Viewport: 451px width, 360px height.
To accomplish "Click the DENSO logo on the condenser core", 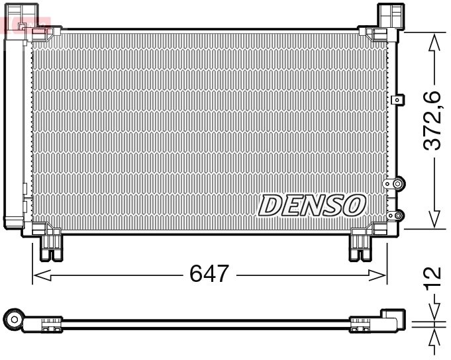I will [x=311, y=206].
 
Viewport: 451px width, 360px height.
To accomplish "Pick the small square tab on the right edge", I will [x=397, y=100].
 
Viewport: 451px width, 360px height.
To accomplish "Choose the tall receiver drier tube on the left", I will [x=15, y=126].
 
